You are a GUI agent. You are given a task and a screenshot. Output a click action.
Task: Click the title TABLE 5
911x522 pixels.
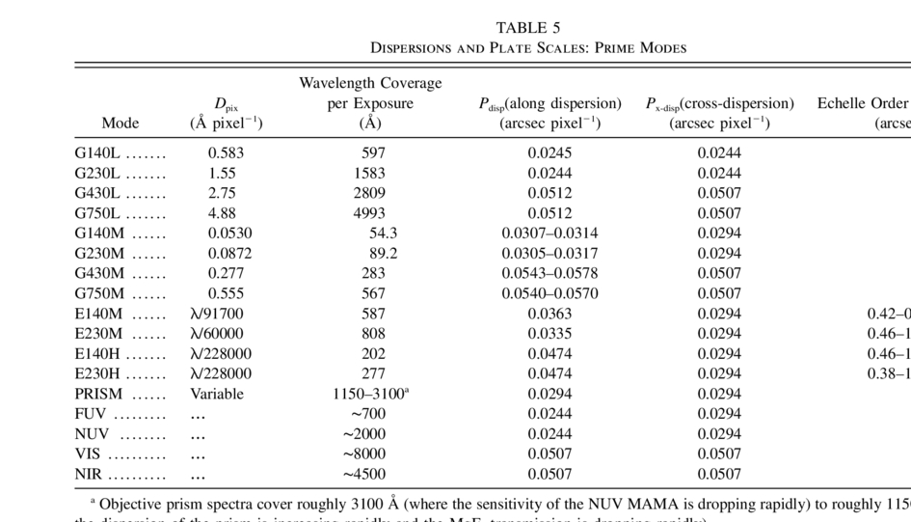tap(528, 27)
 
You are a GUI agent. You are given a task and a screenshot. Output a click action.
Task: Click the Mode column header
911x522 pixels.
tap(121, 123)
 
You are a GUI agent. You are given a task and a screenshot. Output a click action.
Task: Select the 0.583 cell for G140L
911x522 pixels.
tap(227, 152)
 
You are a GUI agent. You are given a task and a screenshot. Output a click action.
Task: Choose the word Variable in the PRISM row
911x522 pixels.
tap(217, 394)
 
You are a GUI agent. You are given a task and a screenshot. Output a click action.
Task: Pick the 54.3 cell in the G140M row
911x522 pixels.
tap(383, 233)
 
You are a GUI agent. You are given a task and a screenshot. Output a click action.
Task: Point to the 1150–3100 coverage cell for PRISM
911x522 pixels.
tap(371, 394)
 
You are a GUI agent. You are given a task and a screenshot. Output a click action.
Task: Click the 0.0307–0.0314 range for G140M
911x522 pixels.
tap(549, 233)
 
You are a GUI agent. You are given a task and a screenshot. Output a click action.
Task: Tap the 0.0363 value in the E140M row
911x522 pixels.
tap(549, 314)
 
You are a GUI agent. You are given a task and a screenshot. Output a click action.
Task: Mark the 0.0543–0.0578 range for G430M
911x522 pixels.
tap(549, 273)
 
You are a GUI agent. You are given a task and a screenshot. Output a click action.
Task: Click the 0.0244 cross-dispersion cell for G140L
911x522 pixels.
tap(719, 152)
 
